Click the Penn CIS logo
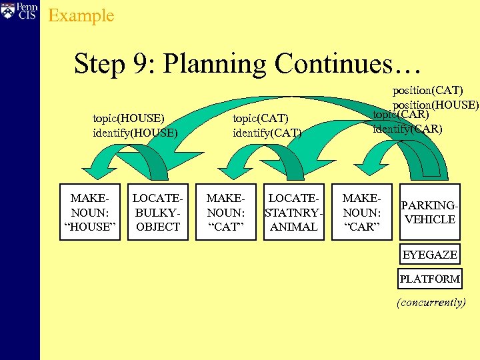pos(18,11)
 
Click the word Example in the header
pos(81,15)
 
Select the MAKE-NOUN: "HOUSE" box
pos(90,212)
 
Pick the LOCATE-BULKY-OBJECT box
pos(157,212)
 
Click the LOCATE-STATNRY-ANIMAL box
pos(294,212)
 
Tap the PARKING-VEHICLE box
pos(430,212)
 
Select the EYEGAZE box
pos(430,255)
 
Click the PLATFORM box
pos(430,279)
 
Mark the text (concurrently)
pos(431,302)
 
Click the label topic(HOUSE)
pos(129,119)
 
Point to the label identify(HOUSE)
pos(135,132)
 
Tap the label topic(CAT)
pos(261,119)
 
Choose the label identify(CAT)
pos(267,132)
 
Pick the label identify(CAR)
pos(407,128)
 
